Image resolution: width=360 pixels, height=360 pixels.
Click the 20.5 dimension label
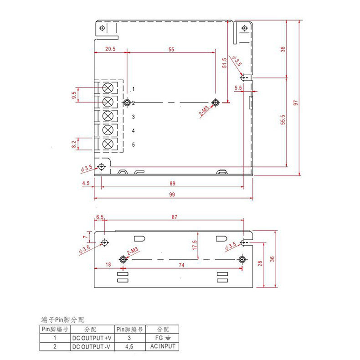click(110, 49)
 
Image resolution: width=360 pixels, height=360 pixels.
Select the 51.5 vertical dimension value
click(225, 63)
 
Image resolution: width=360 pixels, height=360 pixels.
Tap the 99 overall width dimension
click(172, 195)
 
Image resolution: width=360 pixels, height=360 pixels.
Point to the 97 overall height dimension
click(296, 103)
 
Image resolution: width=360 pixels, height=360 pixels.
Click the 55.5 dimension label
click(283, 119)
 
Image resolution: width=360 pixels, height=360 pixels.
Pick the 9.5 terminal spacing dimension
click(74, 95)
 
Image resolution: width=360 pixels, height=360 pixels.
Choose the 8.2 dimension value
click(74, 144)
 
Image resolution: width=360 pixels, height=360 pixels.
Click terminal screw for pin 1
click(108, 87)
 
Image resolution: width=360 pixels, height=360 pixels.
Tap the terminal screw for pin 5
click(108, 144)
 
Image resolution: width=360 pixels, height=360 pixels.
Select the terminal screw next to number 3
click(108, 116)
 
